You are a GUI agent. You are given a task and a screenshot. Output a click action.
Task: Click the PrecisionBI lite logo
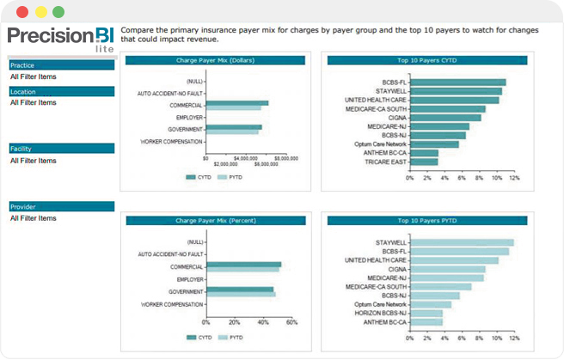pyautogui.click(x=60, y=39)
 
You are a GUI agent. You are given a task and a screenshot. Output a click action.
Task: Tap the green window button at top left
pyautogui.click(x=58, y=12)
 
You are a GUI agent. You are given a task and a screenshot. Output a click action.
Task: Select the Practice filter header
pyautogui.click(x=61, y=65)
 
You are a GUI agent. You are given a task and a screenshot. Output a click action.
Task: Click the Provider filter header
pyautogui.click(x=61, y=207)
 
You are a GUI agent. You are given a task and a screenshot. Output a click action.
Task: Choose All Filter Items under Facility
pyautogui.click(x=34, y=161)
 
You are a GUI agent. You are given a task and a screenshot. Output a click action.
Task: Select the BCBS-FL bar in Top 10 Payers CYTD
pyautogui.click(x=457, y=82)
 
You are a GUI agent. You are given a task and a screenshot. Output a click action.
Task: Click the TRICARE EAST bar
pyautogui.click(x=424, y=161)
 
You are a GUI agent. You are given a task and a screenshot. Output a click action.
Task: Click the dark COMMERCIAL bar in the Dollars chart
pyautogui.click(x=236, y=103)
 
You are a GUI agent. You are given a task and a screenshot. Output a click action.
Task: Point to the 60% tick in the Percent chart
pyautogui.click(x=291, y=322)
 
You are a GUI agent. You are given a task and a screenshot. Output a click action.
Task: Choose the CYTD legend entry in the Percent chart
pyautogui.click(x=199, y=337)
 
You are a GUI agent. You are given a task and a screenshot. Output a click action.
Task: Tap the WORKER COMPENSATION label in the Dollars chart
pyautogui.click(x=171, y=142)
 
